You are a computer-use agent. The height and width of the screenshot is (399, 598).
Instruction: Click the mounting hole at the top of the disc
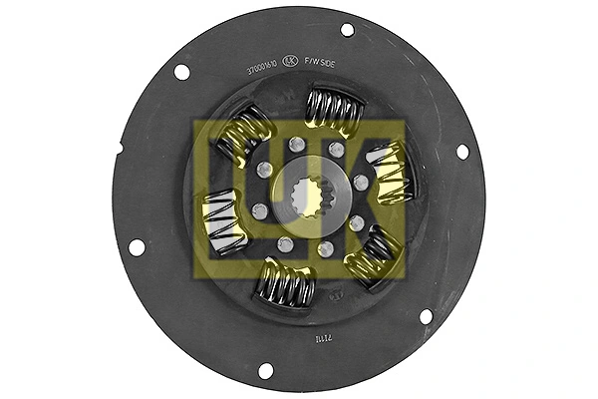(347, 30)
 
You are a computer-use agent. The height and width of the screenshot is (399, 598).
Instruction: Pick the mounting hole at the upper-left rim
(181, 72)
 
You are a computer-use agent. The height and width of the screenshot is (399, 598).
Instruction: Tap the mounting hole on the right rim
(461, 152)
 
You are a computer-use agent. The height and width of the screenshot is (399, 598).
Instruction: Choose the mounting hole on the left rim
(137, 246)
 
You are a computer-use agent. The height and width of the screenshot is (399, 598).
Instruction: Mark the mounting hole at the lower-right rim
(426, 316)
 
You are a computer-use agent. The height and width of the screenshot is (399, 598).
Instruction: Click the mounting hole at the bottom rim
(265, 370)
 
